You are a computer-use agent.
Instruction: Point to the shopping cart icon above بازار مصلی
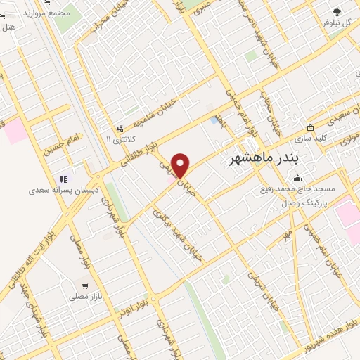point(84,286)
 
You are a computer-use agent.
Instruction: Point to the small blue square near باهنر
point(214,121)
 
